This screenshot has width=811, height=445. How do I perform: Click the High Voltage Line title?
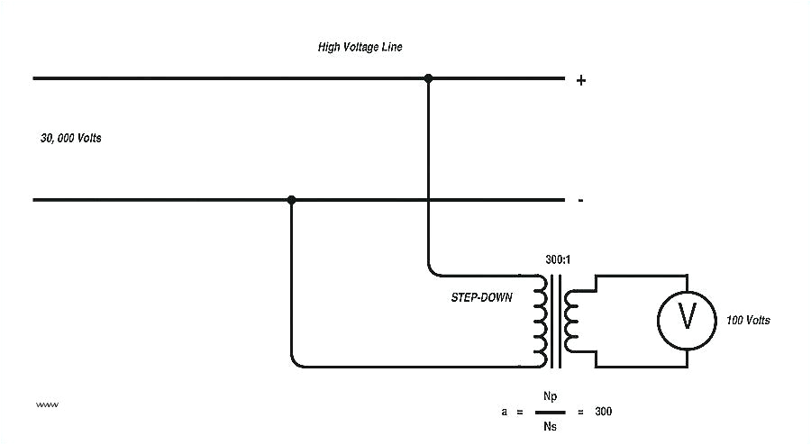click(360, 47)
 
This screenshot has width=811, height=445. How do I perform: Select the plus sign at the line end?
click(581, 80)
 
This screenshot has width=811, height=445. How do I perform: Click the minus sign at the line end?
click(580, 200)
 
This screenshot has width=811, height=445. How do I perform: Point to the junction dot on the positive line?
click(429, 78)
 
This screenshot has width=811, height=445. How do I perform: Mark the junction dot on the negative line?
click(291, 199)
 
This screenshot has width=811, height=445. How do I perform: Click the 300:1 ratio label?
click(557, 260)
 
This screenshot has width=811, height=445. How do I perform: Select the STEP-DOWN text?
click(482, 297)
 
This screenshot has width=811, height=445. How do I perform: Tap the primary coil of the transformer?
click(542, 320)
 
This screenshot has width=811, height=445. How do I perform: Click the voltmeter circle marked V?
click(688, 316)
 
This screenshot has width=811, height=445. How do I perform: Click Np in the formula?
click(550, 396)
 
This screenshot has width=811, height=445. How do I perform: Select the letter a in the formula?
click(505, 412)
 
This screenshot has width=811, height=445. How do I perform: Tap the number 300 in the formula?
click(603, 412)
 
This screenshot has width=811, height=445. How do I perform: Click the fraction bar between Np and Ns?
click(550, 411)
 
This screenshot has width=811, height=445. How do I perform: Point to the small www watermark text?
click(47, 404)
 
